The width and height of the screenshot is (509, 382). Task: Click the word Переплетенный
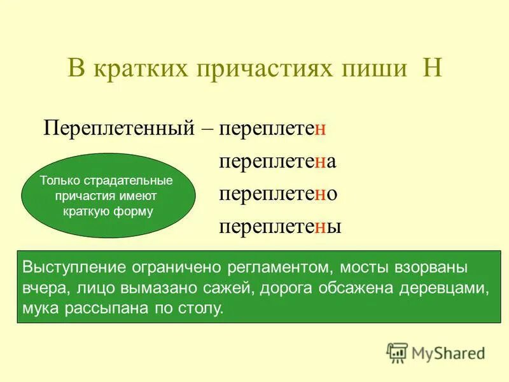point(118,128)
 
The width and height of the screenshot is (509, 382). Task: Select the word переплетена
point(277,162)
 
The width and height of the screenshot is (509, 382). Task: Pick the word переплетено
point(277,194)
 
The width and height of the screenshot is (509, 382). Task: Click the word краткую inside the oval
point(87,211)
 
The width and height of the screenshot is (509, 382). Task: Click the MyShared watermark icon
point(397,353)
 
